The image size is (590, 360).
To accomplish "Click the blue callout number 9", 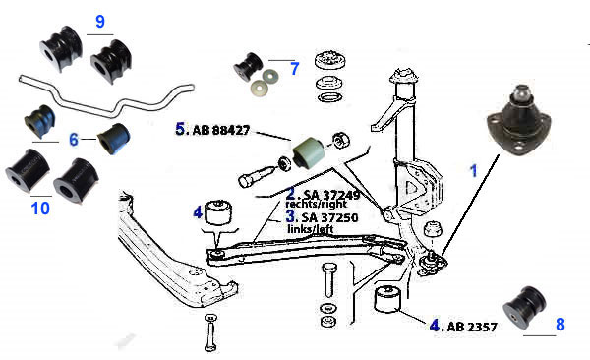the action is (100, 22).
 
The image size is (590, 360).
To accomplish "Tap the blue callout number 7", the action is (295, 69).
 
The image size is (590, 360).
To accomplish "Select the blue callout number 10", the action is (40, 209).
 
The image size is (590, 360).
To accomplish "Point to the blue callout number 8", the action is (560, 325).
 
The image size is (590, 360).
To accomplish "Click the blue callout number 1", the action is (474, 171).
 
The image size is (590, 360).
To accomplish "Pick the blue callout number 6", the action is (74, 140).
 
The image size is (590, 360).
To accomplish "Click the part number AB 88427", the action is (221, 130).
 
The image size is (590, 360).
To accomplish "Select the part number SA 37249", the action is (331, 195).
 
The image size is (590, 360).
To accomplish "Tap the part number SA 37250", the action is (330, 217).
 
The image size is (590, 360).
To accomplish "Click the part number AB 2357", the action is (472, 327).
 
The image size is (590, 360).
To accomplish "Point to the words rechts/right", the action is (316, 205).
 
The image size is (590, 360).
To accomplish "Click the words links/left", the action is (311, 228).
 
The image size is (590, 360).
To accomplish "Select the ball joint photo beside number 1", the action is (519, 121).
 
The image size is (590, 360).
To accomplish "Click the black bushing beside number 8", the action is (524, 307).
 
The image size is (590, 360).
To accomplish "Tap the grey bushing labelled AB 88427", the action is (309, 152).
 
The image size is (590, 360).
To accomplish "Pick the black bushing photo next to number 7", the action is (248, 67).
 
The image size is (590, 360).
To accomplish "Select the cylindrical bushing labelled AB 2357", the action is (387, 300).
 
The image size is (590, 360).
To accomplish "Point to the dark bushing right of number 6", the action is (114, 139).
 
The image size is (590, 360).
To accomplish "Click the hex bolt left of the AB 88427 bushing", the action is (257, 175).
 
